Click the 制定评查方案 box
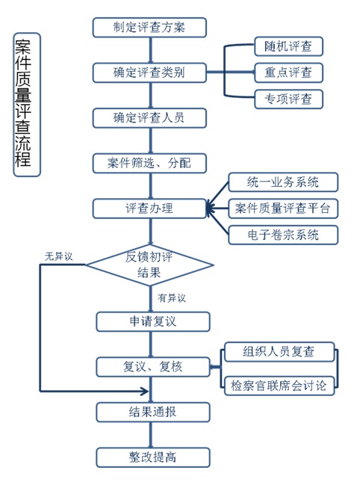149,28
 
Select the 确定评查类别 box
149,72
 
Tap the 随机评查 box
288,46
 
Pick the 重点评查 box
288,72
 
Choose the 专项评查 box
288,99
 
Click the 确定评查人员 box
149,118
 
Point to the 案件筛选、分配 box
149,163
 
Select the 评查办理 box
149,209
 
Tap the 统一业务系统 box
283,182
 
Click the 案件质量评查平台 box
283,209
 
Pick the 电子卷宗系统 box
283,235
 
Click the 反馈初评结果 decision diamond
149,265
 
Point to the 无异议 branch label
58,256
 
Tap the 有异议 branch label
172,298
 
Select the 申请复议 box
153,321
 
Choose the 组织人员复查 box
279,352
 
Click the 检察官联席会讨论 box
279,386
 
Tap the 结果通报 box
153,412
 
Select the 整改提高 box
153,457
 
